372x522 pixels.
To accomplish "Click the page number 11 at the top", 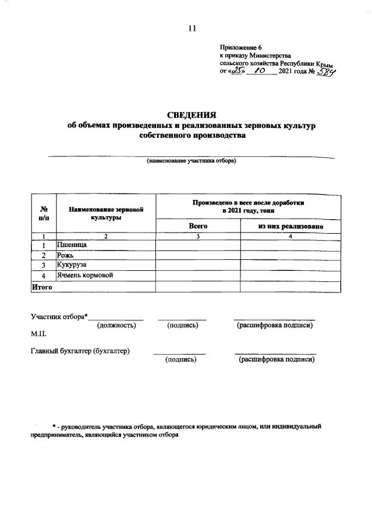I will point(192,28).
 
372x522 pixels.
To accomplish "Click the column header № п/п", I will point(44,213).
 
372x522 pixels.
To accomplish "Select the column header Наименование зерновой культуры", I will point(106,213).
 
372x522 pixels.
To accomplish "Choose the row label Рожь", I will point(65,255).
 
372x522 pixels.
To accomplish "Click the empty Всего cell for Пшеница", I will point(198,246).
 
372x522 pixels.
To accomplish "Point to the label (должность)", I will point(116,326).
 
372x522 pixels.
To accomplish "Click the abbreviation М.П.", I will point(38,335).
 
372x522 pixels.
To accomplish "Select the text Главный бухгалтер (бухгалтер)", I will point(80,351).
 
